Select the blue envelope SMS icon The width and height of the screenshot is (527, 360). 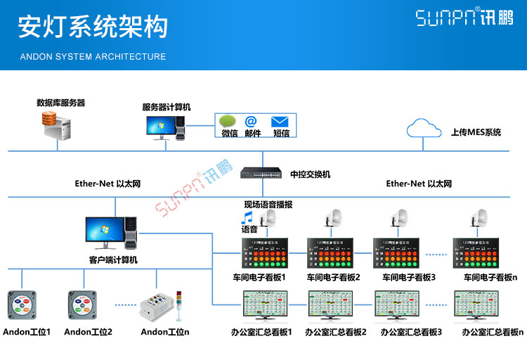(280, 121)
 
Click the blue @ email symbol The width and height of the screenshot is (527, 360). (251, 121)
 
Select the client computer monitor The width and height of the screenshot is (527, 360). (103, 233)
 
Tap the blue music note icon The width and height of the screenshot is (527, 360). (247, 217)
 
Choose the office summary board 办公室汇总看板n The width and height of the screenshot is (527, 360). (482, 307)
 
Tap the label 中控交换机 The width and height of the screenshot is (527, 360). (310, 174)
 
